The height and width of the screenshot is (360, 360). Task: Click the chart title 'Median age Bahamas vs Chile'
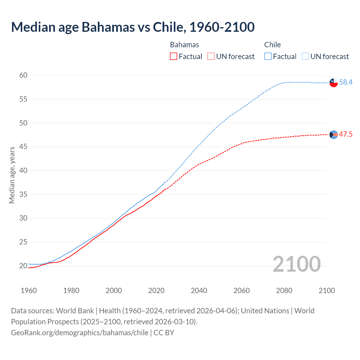coord(133,27)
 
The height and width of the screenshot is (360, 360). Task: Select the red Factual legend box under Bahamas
coord(174,57)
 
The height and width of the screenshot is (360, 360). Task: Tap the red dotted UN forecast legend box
coord(211,57)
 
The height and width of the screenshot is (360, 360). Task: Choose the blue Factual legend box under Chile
coord(268,57)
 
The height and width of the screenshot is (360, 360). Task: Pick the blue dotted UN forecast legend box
coord(305,57)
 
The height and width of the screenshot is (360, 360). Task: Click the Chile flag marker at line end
coord(334,83)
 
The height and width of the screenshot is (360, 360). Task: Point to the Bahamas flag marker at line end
coord(334,135)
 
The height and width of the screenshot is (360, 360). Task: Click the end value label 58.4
coord(346,82)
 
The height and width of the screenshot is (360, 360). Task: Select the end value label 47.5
coord(346,134)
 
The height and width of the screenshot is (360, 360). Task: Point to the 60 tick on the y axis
coord(23,75)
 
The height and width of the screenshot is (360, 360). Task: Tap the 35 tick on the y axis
coord(23,194)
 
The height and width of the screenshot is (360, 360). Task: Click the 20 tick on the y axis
coord(23,266)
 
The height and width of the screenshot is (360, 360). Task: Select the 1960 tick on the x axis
coord(29,291)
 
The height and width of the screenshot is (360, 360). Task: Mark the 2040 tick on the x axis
coord(199,291)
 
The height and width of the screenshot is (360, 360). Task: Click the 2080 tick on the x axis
coord(284,291)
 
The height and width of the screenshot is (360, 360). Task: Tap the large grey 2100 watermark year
coord(296,264)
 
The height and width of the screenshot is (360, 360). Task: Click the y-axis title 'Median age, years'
coord(12,175)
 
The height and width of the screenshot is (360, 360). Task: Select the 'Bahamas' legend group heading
coord(184,45)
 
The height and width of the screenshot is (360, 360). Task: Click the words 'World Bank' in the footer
coord(75,311)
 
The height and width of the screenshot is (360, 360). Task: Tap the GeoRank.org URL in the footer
coord(80,333)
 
